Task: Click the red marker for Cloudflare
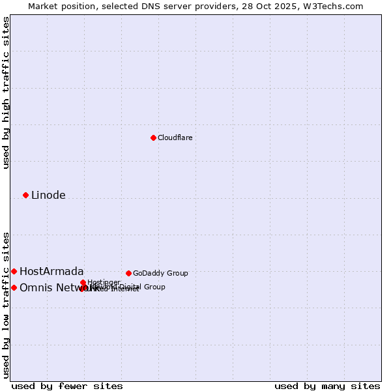[x=153, y=138]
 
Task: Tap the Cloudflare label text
[x=175, y=138]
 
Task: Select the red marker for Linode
[x=26, y=195]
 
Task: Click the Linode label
[x=48, y=195]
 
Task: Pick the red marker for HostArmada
[x=14, y=271]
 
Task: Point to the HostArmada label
[x=51, y=272]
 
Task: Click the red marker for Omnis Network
[x=14, y=287]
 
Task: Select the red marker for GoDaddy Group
[x=128, y=273]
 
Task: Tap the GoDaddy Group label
[x=160, y=274]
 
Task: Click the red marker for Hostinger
[x=83, y=282]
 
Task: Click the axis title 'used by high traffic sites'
[x=7, y=93]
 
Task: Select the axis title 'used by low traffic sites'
[x=7, y=305]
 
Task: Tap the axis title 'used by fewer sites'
[x=67, y=386]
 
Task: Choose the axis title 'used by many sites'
[x=327, y=386]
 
